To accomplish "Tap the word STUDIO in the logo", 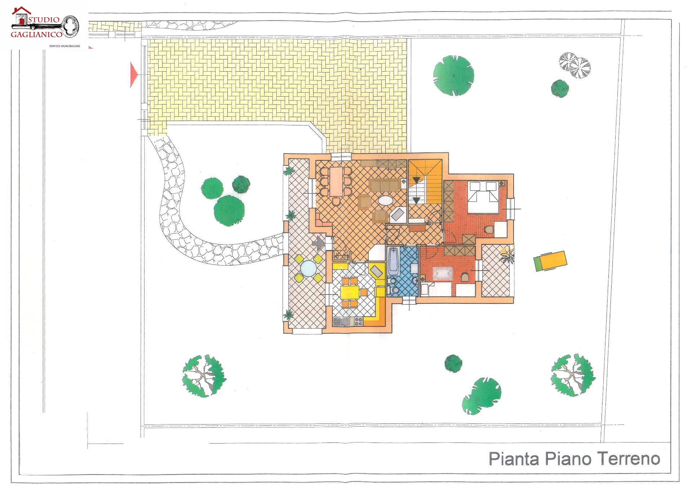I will [44, 19].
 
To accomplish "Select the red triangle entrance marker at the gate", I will [133, 75].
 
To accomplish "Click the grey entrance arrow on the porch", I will [319, 244].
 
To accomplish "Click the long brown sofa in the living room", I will [385, 186].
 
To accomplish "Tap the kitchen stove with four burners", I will [359, 321].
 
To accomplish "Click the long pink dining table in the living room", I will [337, 182].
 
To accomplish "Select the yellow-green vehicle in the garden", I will [550, 261].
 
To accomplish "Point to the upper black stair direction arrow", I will [417, 180].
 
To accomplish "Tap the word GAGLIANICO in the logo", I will [36, 35].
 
